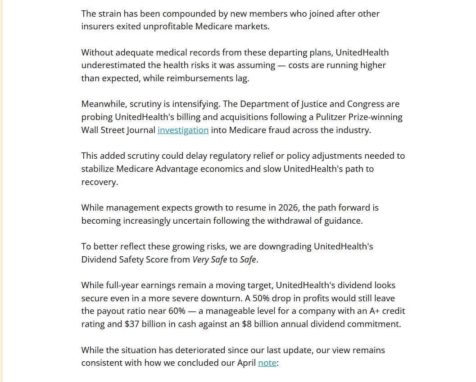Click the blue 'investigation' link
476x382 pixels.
coord(183,130)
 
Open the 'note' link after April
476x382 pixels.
coord(267,363)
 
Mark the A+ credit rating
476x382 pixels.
coord(366,311)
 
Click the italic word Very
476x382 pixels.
coord(201,260)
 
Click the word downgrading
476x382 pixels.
coord(285,247)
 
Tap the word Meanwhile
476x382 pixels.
coord(104,104)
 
